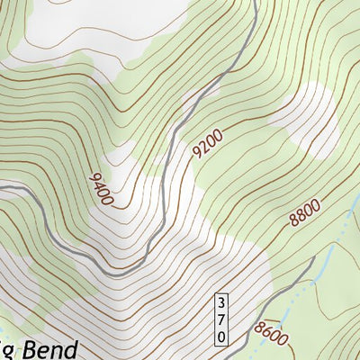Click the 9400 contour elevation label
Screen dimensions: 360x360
pyautogui.click(x=100, y=188)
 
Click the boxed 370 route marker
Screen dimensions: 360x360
pyautogui.click(x=221, y=318)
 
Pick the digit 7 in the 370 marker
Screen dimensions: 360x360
pyautogui.click(x=221, y=318)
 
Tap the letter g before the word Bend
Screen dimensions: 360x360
pyautogui.click(x=4, y=351)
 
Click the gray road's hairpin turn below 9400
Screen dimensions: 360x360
pyautogui.click(x=114, y=269)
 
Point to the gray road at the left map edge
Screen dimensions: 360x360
pyautogui.click(x=4, y=186)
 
